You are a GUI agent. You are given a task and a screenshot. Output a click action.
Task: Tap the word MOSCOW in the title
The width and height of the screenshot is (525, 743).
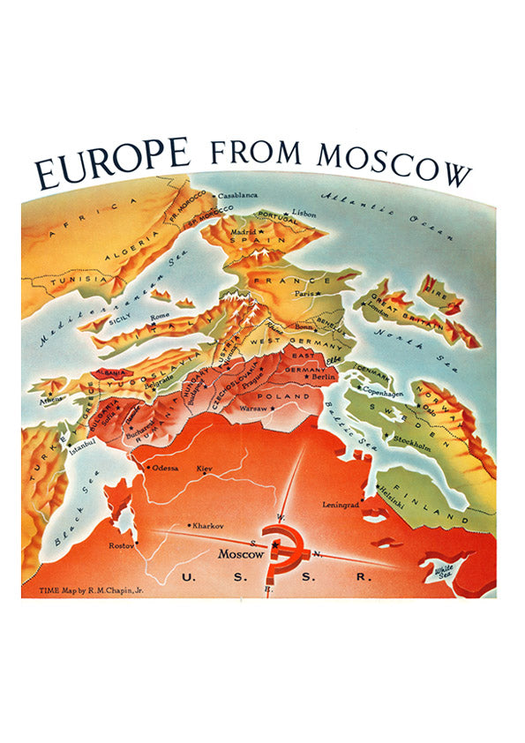coord(394,164)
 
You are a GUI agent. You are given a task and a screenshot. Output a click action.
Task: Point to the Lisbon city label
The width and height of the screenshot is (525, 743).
coord(304,214)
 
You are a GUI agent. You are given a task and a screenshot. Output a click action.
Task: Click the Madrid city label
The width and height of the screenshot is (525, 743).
coord(243,232)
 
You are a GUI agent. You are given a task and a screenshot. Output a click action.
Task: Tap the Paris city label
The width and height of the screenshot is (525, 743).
coord(305,294)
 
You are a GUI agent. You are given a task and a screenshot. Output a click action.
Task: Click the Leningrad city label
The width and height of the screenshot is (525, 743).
coord(341,505)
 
